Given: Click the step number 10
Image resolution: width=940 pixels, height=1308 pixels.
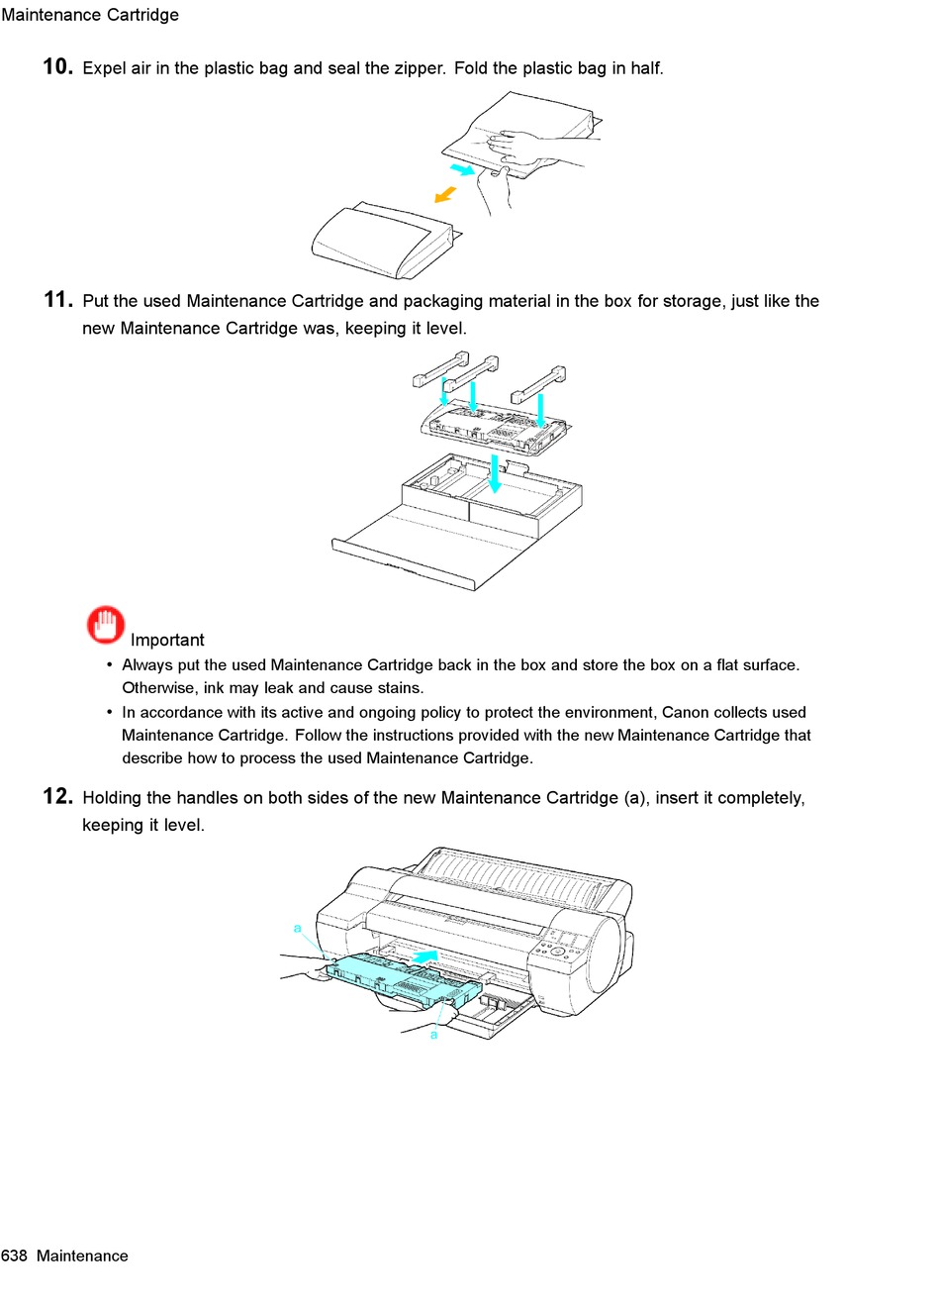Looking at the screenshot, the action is click(x=57, y=66).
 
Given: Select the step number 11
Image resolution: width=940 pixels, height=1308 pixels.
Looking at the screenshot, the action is click(x=57, y=299).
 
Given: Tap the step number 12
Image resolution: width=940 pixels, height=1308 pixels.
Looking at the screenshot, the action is click(x=57, y=796).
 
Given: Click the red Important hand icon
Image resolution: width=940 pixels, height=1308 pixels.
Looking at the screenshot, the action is click(x=106, y=625).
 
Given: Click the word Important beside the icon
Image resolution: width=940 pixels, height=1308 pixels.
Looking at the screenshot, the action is click(x=167, y=640).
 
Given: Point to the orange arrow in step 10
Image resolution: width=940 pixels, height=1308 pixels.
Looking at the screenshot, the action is click(x=446, y=194).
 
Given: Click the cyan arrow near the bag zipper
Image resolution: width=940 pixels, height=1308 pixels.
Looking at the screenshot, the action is click(x=462, y=170).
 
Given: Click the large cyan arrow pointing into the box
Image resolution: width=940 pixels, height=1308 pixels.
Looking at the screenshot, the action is click(x=495, y=473).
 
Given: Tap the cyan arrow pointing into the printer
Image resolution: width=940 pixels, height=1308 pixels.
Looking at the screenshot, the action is click(x=423, y=956).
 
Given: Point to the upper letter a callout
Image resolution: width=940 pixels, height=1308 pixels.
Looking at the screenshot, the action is click(x=297, y=928).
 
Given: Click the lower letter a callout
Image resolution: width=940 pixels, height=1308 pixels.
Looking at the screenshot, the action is click(x=433, y=1035).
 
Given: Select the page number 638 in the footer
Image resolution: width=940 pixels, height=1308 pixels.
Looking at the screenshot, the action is click(x=14, y=1256).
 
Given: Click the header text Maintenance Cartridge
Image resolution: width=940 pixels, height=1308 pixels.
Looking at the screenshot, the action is click(x=90, y=15).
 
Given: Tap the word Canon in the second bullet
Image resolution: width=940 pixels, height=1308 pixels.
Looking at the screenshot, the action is click(x=685, y=712).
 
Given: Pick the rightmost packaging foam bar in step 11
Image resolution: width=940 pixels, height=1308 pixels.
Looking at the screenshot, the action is click(x=540, y=383).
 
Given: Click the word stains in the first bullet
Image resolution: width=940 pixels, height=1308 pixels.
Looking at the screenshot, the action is click(x=398, y=688).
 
